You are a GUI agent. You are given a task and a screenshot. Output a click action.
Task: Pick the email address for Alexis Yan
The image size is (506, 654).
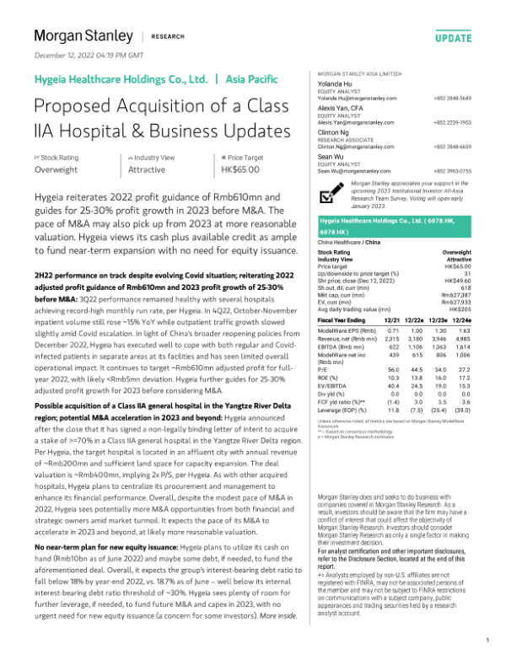(349, 122)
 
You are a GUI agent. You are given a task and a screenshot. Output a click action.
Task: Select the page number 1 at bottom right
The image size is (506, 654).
(487, 640)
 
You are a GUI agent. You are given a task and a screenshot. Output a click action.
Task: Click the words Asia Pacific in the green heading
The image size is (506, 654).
(250, 79)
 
